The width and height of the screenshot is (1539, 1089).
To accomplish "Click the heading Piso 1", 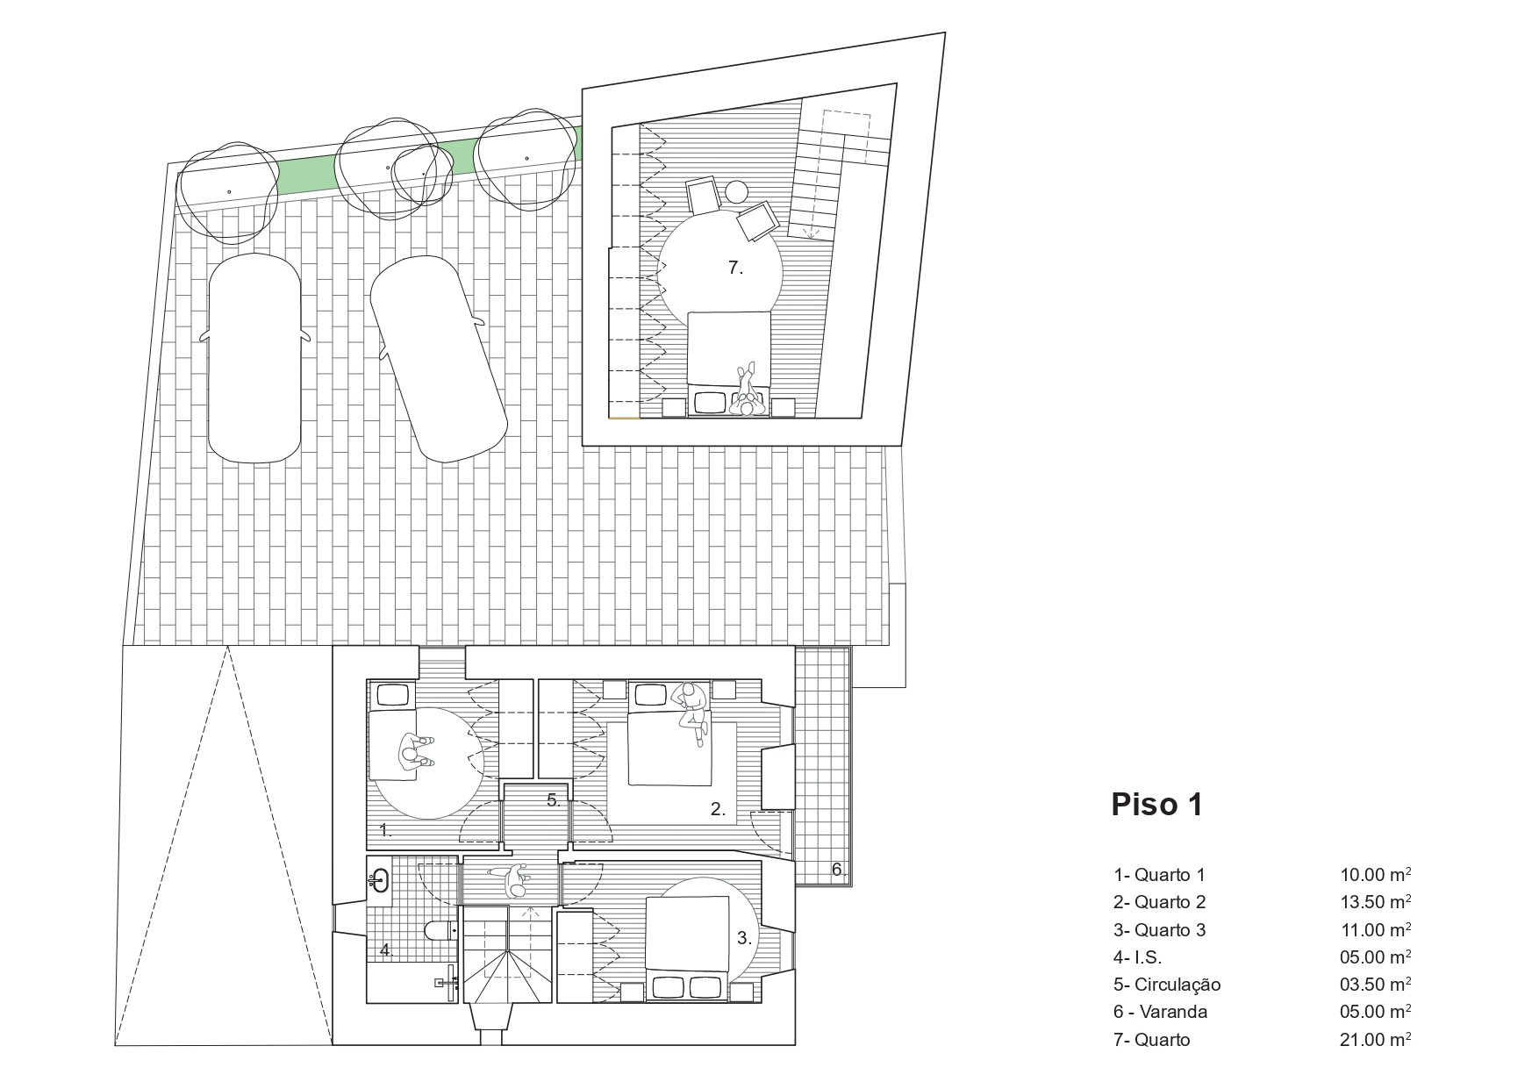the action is [1156, 804].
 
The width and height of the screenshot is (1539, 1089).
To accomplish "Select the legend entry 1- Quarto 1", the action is [1159, 874].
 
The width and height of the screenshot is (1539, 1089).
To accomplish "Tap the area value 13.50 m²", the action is [1375, 901].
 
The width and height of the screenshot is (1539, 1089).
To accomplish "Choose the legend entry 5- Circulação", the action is [1167, 985].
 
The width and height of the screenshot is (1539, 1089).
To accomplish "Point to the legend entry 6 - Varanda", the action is [1160, 1012].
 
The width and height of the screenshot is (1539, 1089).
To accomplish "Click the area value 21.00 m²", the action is [1375, 1039].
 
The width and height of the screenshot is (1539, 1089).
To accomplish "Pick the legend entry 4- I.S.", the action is [1137, 956].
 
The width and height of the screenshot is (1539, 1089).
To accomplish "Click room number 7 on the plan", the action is [735, 269].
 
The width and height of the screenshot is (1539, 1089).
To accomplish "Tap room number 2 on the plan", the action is [718, 810].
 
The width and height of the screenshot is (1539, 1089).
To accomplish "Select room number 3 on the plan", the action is [744, 938].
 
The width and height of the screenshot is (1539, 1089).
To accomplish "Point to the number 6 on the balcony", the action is [838, 870].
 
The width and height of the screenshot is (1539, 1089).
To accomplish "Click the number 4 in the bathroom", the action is [385, 949].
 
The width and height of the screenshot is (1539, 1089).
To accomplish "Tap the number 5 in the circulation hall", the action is [553, 799].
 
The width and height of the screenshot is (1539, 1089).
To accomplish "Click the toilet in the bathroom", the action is [440, 930].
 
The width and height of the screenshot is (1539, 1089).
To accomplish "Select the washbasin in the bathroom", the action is [379, 877].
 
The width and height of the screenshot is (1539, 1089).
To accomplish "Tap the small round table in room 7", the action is [736, 191].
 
